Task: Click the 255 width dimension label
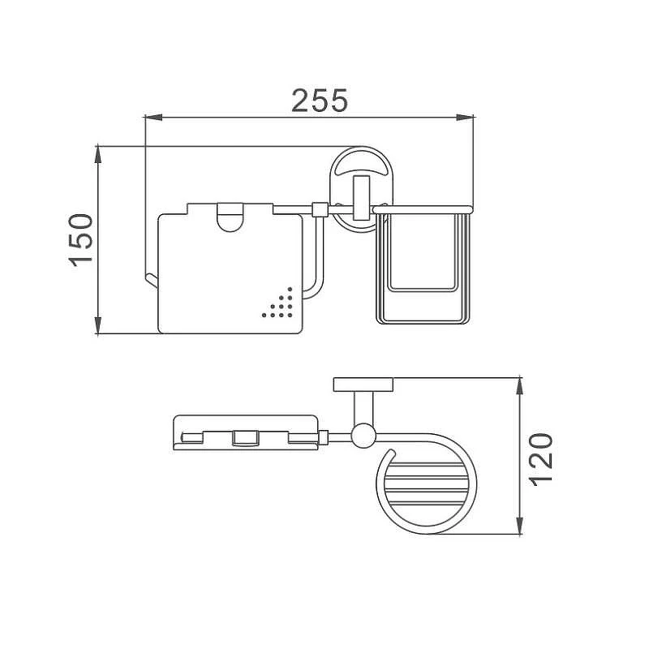pyautogui.click(x=320, y=101)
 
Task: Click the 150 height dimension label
pyautogui.click(x=80, y=240)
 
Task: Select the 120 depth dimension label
pyautogui.click(x=541, y=459)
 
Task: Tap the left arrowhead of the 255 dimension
pyautogui.click(x=153, y=118)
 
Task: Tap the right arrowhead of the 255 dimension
pyautogui.click(x=465, y=118)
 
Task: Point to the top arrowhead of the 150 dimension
pyautogui.click(x=98, y=154)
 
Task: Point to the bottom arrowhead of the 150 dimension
pyautogui.click(x=98, y=325)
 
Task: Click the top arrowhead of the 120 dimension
pyautogui.click(x=520, y=386)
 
